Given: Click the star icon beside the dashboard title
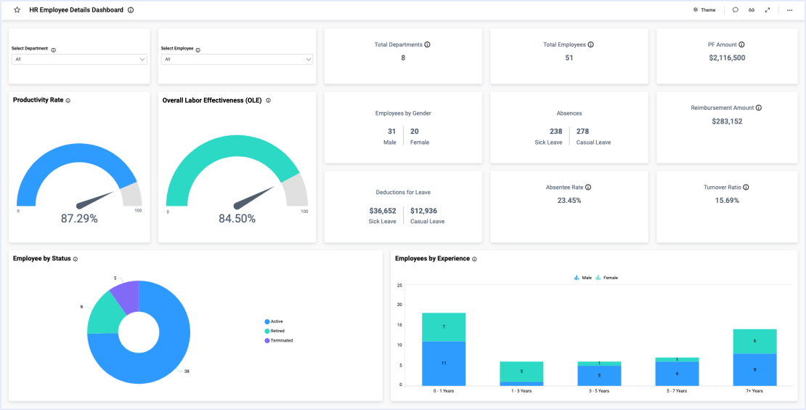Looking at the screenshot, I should pos(17,10).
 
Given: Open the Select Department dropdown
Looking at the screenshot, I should pos(79,59).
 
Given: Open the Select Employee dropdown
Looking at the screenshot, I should pos(237,59).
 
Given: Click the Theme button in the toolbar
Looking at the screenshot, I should pos(704,10).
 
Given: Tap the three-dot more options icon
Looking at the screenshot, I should pos(789,10).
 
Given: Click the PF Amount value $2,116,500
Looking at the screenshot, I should pos(727,57).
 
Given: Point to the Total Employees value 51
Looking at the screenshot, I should pos(569,57).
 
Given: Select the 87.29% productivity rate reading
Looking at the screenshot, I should pos(79,218).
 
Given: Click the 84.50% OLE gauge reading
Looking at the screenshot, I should pos(237,219).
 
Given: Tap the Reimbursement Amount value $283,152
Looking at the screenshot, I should pos(727,121).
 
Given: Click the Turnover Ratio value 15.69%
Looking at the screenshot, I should pos(727,200).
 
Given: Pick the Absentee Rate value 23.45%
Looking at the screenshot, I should pos(569,200).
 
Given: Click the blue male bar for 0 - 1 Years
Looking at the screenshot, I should pos(444,363).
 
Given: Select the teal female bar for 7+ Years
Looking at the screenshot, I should pos(755,341).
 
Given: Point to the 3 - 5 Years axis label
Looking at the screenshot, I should pos(599,390).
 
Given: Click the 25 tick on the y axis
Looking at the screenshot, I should pos(399,285).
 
